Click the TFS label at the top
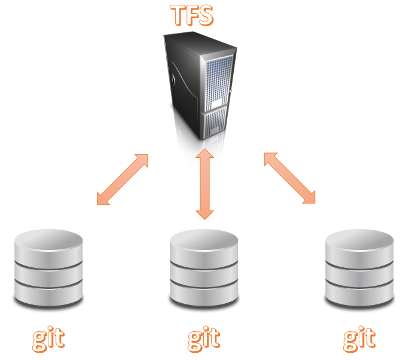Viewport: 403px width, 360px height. [192, 16]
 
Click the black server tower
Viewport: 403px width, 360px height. [200, 86]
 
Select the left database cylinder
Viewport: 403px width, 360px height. [48, 268]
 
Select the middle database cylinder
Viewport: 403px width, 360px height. [204, 268]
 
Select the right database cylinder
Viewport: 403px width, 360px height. [359, 268]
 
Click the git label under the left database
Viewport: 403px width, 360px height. [48, 339]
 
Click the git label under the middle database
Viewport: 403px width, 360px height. [204, 339]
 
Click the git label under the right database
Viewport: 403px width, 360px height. [359, 339]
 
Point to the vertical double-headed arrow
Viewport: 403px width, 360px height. [204, 184]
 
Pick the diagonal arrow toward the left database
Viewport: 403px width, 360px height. [123, 179]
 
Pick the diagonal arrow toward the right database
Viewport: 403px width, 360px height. [289, 178]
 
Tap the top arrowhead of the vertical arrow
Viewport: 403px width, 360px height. [204, 154]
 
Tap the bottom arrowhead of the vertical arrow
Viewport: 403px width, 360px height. [204, 215]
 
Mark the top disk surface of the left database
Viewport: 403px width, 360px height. [48, 239]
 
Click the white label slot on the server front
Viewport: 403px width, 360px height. [216, 103]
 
